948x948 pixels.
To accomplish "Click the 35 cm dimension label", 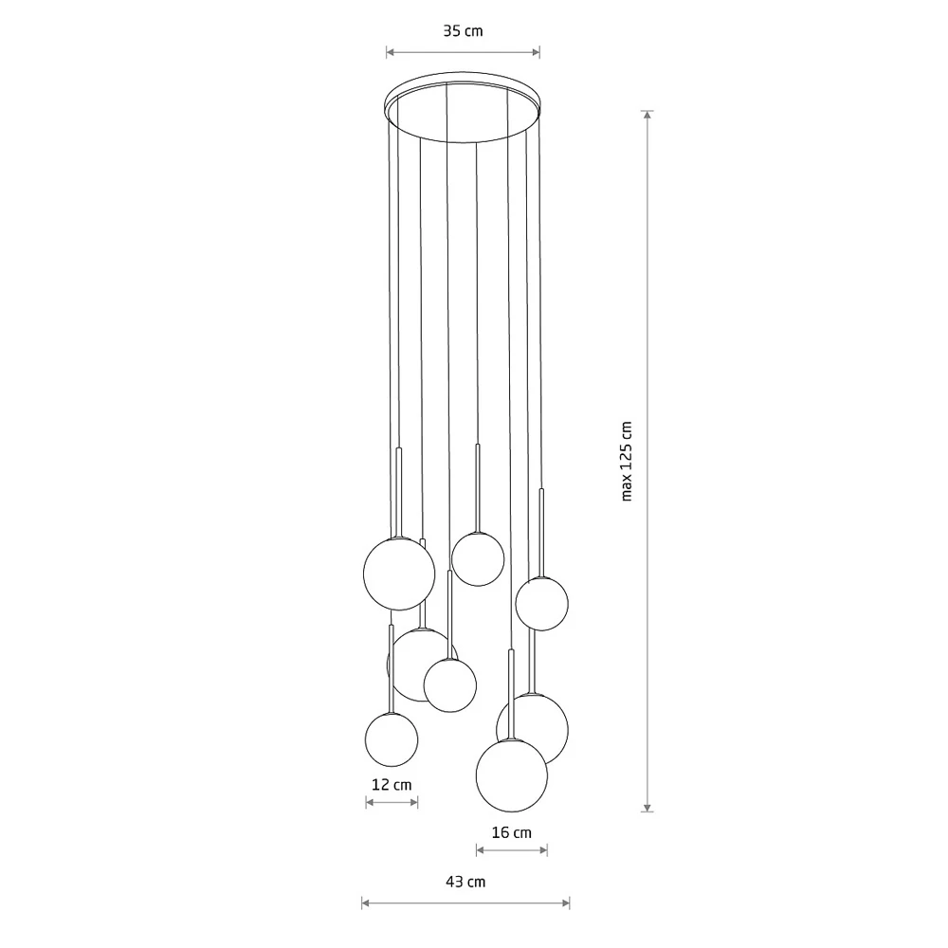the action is (464, 31).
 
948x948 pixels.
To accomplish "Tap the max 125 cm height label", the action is (627, 462).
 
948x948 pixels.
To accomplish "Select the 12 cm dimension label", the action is (392, 785).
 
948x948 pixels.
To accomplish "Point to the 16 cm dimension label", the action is (512, 832).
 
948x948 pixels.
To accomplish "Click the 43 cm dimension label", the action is (465, 882).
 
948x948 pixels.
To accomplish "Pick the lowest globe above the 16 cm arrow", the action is (512, 775).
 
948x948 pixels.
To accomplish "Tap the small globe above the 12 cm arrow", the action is (392, 739).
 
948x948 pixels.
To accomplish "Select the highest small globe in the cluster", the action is (478, 559).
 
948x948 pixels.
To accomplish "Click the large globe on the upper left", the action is (399, 574).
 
